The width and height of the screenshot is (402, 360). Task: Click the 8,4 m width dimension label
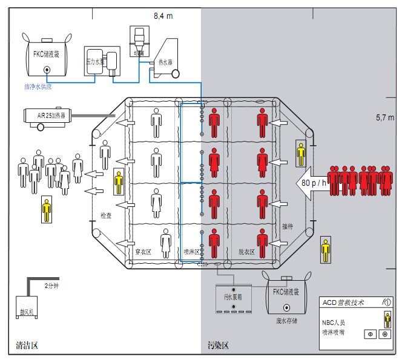pos(163,15)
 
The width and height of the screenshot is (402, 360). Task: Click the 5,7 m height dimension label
pos(385,117)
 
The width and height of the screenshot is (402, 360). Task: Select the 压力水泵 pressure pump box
pos(96,61)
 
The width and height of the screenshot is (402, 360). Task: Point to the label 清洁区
pos(27,346)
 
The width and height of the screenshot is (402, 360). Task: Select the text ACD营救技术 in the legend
pos(344,303)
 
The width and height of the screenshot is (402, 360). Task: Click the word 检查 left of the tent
pos(106,215)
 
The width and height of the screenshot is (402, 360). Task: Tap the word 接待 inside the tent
pos(287,226)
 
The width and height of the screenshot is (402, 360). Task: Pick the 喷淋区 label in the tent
pos(192,250)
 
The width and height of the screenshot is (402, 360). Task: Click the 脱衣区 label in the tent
pos(246,250)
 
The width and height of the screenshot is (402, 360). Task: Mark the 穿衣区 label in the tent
pos(143,250)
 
